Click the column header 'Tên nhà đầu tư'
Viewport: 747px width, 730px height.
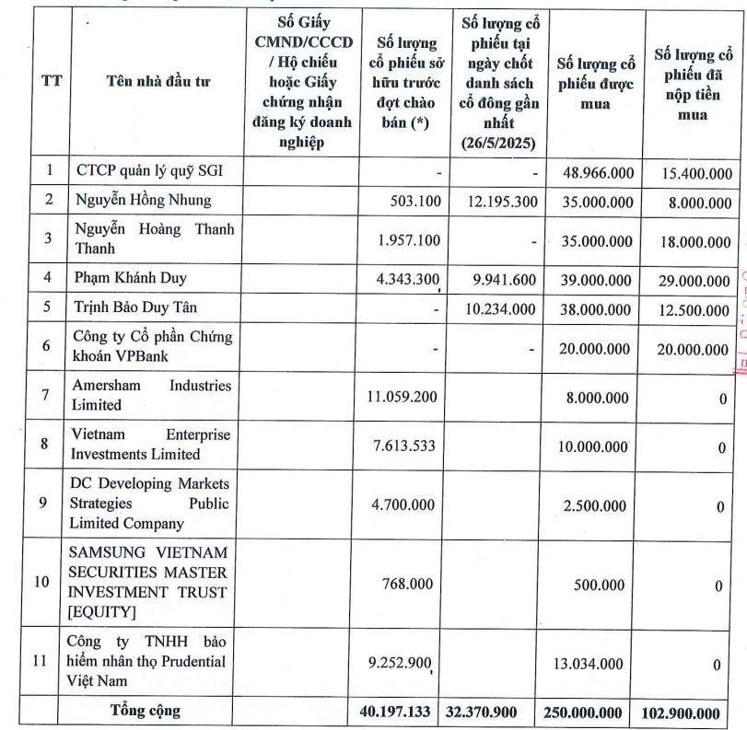(x=158, y=82)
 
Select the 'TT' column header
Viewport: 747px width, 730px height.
(x=53, y=81)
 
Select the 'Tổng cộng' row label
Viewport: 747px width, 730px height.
(x=145, y=711)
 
